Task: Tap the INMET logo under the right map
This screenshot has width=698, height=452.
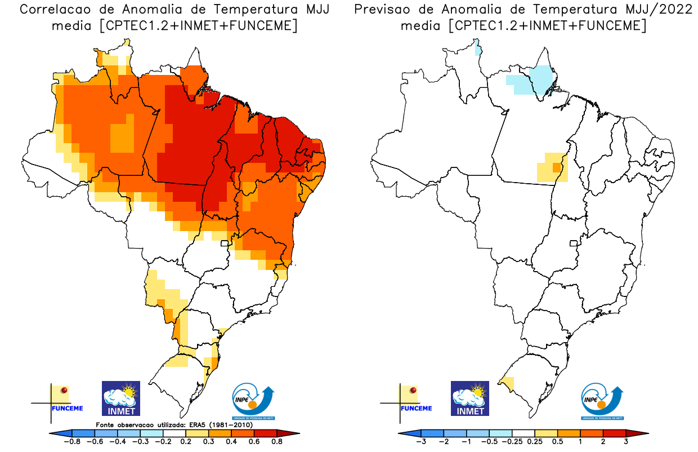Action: [470, 398]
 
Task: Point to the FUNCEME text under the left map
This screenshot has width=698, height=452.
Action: [67, 408]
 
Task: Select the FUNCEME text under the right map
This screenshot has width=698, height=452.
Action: [416, 408]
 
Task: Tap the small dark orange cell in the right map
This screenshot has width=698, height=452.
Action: [557, 167]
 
